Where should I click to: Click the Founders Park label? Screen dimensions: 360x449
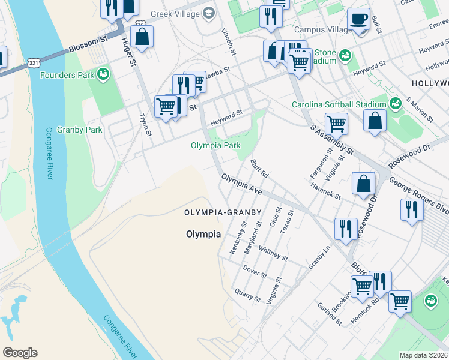point(67,75)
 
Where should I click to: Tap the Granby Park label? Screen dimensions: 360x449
point(79,130)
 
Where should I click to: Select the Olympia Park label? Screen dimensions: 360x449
point(215,145)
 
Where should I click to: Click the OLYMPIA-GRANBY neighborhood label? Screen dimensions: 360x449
point(223,212)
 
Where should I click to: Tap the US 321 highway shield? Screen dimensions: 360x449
point(34,62)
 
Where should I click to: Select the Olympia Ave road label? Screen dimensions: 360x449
point(241,184)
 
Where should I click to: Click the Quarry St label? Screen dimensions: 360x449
point(247,295)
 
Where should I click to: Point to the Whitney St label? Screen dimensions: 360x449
point(273,252)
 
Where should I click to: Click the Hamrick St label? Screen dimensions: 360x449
point(326,191)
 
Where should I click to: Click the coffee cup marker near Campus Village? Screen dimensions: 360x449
point(358,20)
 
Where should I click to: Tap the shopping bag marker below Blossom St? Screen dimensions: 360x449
point(143,37)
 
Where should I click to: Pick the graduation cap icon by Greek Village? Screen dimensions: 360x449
point(209,13)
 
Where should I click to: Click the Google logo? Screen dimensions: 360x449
point(20,353)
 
